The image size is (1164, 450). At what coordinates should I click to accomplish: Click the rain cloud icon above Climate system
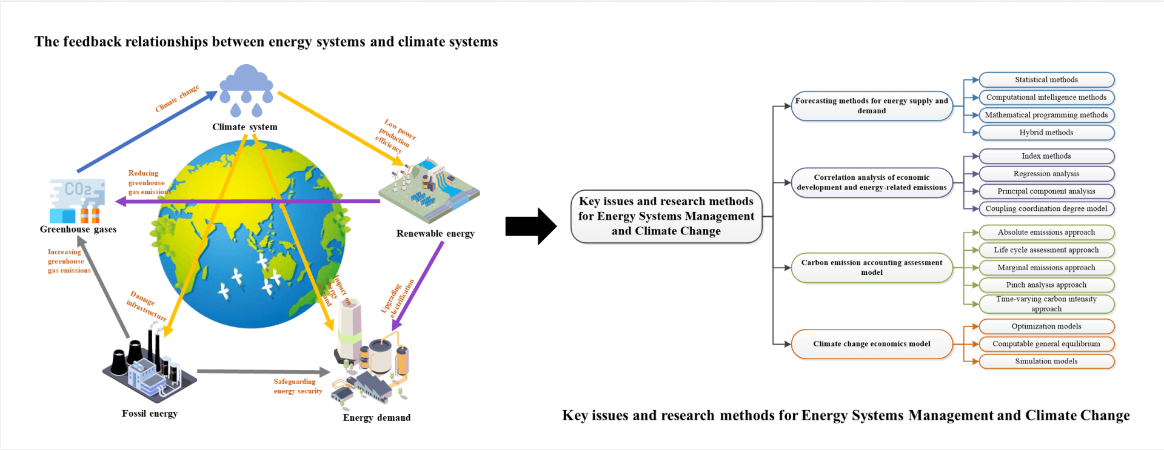[x=246, y=89]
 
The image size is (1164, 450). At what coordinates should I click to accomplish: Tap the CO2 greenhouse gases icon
[x=77, y=200]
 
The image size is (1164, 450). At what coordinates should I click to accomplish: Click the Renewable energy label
[x=435, y=234]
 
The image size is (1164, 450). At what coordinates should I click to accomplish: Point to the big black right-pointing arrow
[x=530, y=227]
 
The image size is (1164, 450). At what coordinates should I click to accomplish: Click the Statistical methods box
[x=1046, y=80]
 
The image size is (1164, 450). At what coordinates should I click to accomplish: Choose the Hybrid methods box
[x=1046, y=133]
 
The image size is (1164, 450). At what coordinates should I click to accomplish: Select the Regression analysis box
[x=1046, y=174]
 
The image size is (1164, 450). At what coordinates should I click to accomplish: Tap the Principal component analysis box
[x=1046, y=191]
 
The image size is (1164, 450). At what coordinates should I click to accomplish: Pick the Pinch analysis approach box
[x=1046, y=285]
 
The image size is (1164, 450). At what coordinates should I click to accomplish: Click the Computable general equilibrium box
[x=1046, y=344]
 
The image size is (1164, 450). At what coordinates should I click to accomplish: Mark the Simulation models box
[x=1046, y=362]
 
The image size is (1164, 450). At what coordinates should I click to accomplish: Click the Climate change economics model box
[x=872, y=344]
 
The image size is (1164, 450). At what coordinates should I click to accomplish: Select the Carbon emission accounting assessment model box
[x=872, y=268]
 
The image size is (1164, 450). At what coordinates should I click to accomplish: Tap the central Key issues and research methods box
[x=666, y=216]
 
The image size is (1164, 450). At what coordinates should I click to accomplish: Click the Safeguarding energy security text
[x=298, y=386]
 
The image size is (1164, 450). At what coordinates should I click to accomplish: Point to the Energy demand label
[x=376, y=418]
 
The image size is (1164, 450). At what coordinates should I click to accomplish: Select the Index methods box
[x=1046, y=156]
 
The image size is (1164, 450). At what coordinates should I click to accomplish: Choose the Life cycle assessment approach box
[x=1046, y=250]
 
